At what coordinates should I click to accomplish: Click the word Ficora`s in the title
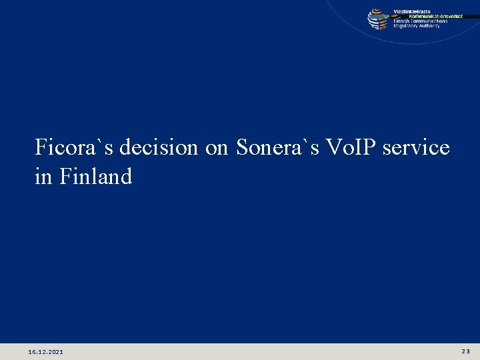(x=67, y=147)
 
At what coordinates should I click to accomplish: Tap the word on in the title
(x=217, y=148)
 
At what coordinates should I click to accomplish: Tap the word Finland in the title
(x=96, y=177)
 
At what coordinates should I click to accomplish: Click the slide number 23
(x=465, y=351)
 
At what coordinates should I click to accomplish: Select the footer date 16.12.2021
(x=47, y=351)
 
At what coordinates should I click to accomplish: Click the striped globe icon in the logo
(x=378, y=19)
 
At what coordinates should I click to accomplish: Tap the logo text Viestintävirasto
(x=411, y=11)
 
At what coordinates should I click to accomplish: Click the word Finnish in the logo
(x=402, y=21)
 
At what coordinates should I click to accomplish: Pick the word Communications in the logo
(x=430, y=21)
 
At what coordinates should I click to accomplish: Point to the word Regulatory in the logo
(x=406, y=25)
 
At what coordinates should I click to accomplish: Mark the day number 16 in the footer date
(x=33, y=351)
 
